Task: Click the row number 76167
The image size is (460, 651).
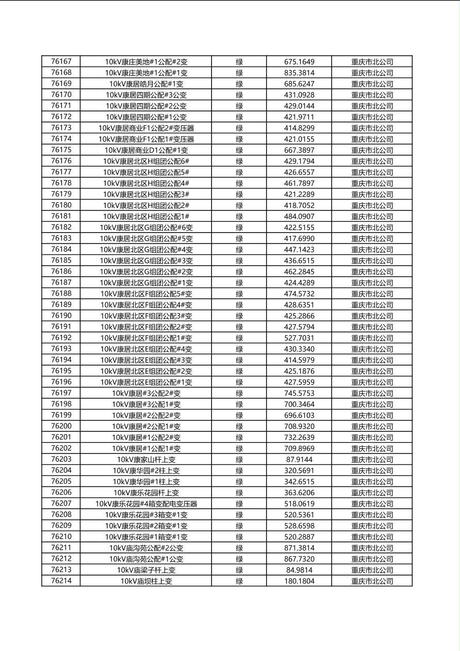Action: click(x=61, y=61)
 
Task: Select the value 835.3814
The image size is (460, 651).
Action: click(x=299, y=73)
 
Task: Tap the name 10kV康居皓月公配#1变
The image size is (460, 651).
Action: click(x=146, y=84)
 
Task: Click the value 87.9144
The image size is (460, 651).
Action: click(x=299, y=459)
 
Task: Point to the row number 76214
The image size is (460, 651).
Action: click(x=61, y=581)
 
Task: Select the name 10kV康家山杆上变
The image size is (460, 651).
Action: click(x=146, y=459)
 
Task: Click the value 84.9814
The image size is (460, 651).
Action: click(x=299, y=570)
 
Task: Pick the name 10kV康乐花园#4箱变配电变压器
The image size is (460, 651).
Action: click(x=146, y=503)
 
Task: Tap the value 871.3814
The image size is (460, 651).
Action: click(x=299, y=548)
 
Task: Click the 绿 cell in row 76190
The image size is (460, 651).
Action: click(x=239, y=316)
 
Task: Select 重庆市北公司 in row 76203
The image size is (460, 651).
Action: click(x=372, y=459)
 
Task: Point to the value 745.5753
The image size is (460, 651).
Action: click(x=299, y=393)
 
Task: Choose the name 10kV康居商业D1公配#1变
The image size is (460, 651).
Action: click(x=146, y=150)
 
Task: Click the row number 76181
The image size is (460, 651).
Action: click(x=61, y=216)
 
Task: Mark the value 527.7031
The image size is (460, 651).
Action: click(x=299, y=338)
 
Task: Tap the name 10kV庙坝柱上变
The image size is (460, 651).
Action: click(x=146, y=581)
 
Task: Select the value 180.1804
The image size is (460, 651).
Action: click(x=299, y=581)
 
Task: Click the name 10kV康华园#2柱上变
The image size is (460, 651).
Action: click(x=146, y=470)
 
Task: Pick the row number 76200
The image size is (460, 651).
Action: click(x=61, y=426)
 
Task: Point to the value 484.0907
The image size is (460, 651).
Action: click(x=299, y=216)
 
